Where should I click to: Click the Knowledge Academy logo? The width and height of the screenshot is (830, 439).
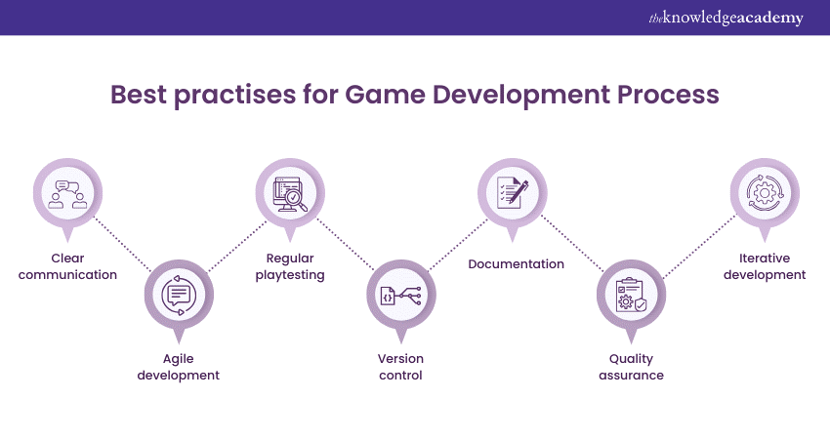[x=726, y=18]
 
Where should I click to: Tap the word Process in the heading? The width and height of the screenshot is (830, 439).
[x=668, y=95]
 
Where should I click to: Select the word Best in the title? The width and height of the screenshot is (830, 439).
[x=138, y=95]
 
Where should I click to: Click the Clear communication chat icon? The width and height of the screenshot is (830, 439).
[x=67, y=194]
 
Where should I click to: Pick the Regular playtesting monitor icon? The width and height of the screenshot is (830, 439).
[x=290, y=194]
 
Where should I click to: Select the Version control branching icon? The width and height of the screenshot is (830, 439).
[x=401, y=296]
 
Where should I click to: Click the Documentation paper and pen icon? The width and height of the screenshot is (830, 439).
[x=513, y=193]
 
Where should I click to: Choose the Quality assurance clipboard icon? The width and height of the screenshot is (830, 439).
[x=631, y=296]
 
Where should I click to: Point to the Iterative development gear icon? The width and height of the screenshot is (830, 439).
[x=765, y=193]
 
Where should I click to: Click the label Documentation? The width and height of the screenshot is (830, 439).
[x=517, y=264]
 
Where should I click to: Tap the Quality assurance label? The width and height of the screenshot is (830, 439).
[x=631, y=367]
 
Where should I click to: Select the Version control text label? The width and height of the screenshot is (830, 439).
[x=400, y=367]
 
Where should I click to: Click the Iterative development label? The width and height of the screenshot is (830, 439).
[x=765, y=266]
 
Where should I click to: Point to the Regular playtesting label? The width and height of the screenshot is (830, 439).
[x=290, y=266]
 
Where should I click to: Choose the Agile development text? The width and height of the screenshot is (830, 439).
[x=179, y=367]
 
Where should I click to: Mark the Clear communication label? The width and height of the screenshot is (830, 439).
[x=67, y=266]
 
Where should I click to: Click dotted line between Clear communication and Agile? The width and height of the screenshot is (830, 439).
[x=123, y=244]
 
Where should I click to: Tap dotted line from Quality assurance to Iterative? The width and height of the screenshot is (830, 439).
[x=699, y=246]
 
